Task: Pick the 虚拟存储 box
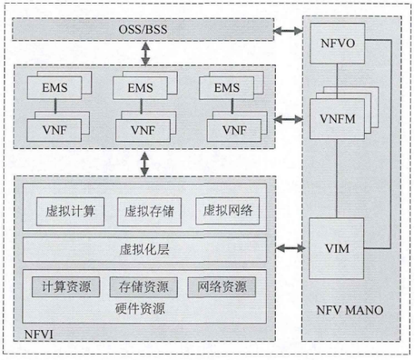point(149,210)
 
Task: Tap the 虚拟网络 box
point(228,210)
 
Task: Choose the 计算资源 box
point(66,287)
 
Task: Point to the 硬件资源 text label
point(143,308)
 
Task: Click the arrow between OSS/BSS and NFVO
point(288,31)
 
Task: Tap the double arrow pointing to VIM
point(289,248)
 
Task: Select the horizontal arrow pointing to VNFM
point(288,118)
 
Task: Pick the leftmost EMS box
point(55,88)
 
